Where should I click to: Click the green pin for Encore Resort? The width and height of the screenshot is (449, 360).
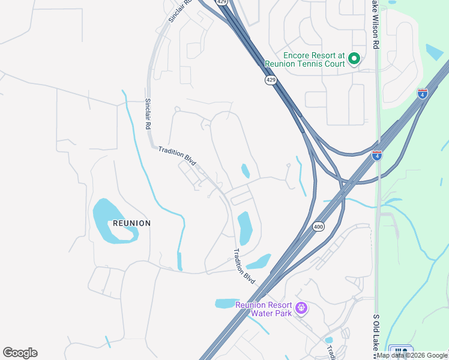[x=354, y=59]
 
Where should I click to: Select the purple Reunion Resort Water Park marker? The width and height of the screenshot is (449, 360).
[x=301, y=309]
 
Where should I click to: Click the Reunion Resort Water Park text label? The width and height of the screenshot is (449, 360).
[x=264, y=309]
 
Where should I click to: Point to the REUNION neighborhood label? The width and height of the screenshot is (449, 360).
[x=131, y=223]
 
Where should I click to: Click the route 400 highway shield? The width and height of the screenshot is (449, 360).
[x=318, y=227]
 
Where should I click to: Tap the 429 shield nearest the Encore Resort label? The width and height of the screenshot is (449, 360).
[x=271, y=80]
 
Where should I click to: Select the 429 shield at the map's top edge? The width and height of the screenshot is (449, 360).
[x=222, y=2]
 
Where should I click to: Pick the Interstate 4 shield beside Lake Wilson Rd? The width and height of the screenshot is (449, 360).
[x=377, y=155]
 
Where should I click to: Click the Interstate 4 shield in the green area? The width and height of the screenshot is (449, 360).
[x=423, y=93]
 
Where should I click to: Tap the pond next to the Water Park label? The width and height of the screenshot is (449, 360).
[x=226, y=304]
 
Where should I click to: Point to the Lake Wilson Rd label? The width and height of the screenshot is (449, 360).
[x=375, y=24]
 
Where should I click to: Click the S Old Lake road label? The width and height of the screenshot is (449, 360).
[x=376, y=336]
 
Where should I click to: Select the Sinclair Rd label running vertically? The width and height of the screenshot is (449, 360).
[x=148, y=115]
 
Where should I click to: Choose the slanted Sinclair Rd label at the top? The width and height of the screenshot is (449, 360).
[x=179, y=11]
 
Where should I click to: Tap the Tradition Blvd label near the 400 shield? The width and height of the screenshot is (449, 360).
[x=244, y=266]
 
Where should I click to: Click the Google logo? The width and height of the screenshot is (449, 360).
[x=20, y=353]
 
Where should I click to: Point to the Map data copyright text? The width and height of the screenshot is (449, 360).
[x=412, y=355]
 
